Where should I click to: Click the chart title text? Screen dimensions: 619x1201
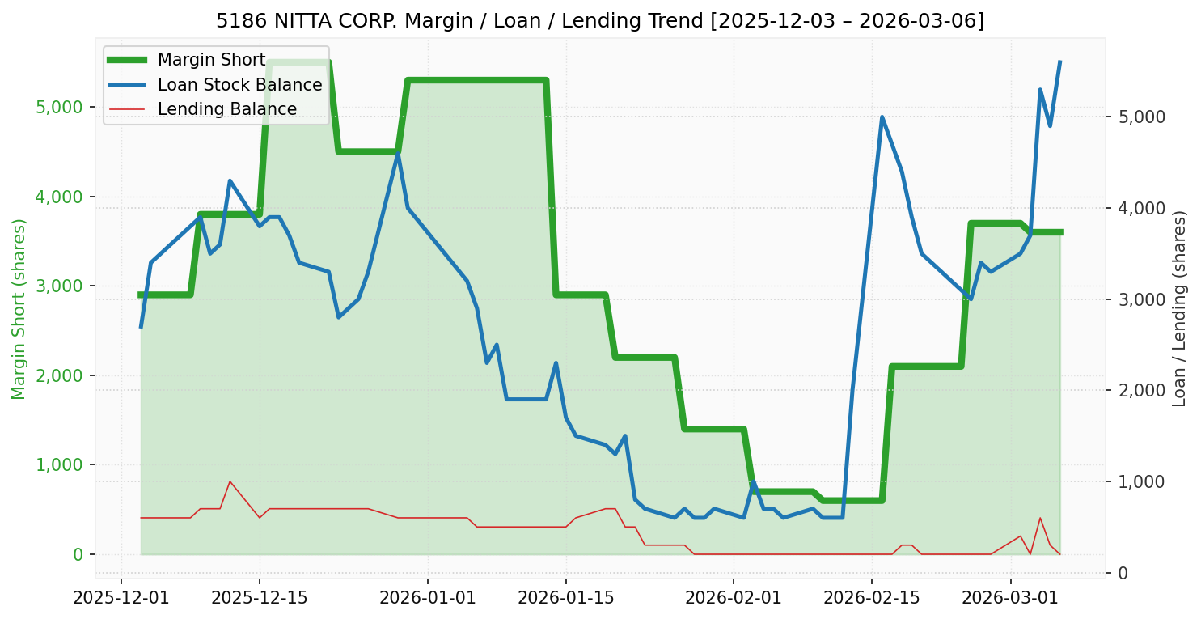(x=600, y=20)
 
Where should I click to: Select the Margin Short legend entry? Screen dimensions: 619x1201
(x=211, y=60)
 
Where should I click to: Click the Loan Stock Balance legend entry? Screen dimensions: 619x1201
(x=239, y=84)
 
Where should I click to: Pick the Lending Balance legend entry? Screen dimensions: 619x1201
(x=226, y=109)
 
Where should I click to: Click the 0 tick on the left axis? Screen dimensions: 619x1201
(x=79, y=555)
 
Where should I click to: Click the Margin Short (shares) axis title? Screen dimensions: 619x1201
(x=19, y=309)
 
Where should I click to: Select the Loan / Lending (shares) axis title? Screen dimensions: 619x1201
(x=1180, y=309)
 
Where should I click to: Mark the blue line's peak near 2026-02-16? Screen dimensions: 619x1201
(x=882, y=117)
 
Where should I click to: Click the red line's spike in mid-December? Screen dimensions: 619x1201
(x=230, y=481)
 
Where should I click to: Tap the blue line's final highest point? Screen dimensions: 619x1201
(x=1059, y=61)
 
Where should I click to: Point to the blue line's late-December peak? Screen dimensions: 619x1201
(x=398, y=154)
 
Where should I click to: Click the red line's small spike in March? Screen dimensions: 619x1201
(x=1040, y=518)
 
